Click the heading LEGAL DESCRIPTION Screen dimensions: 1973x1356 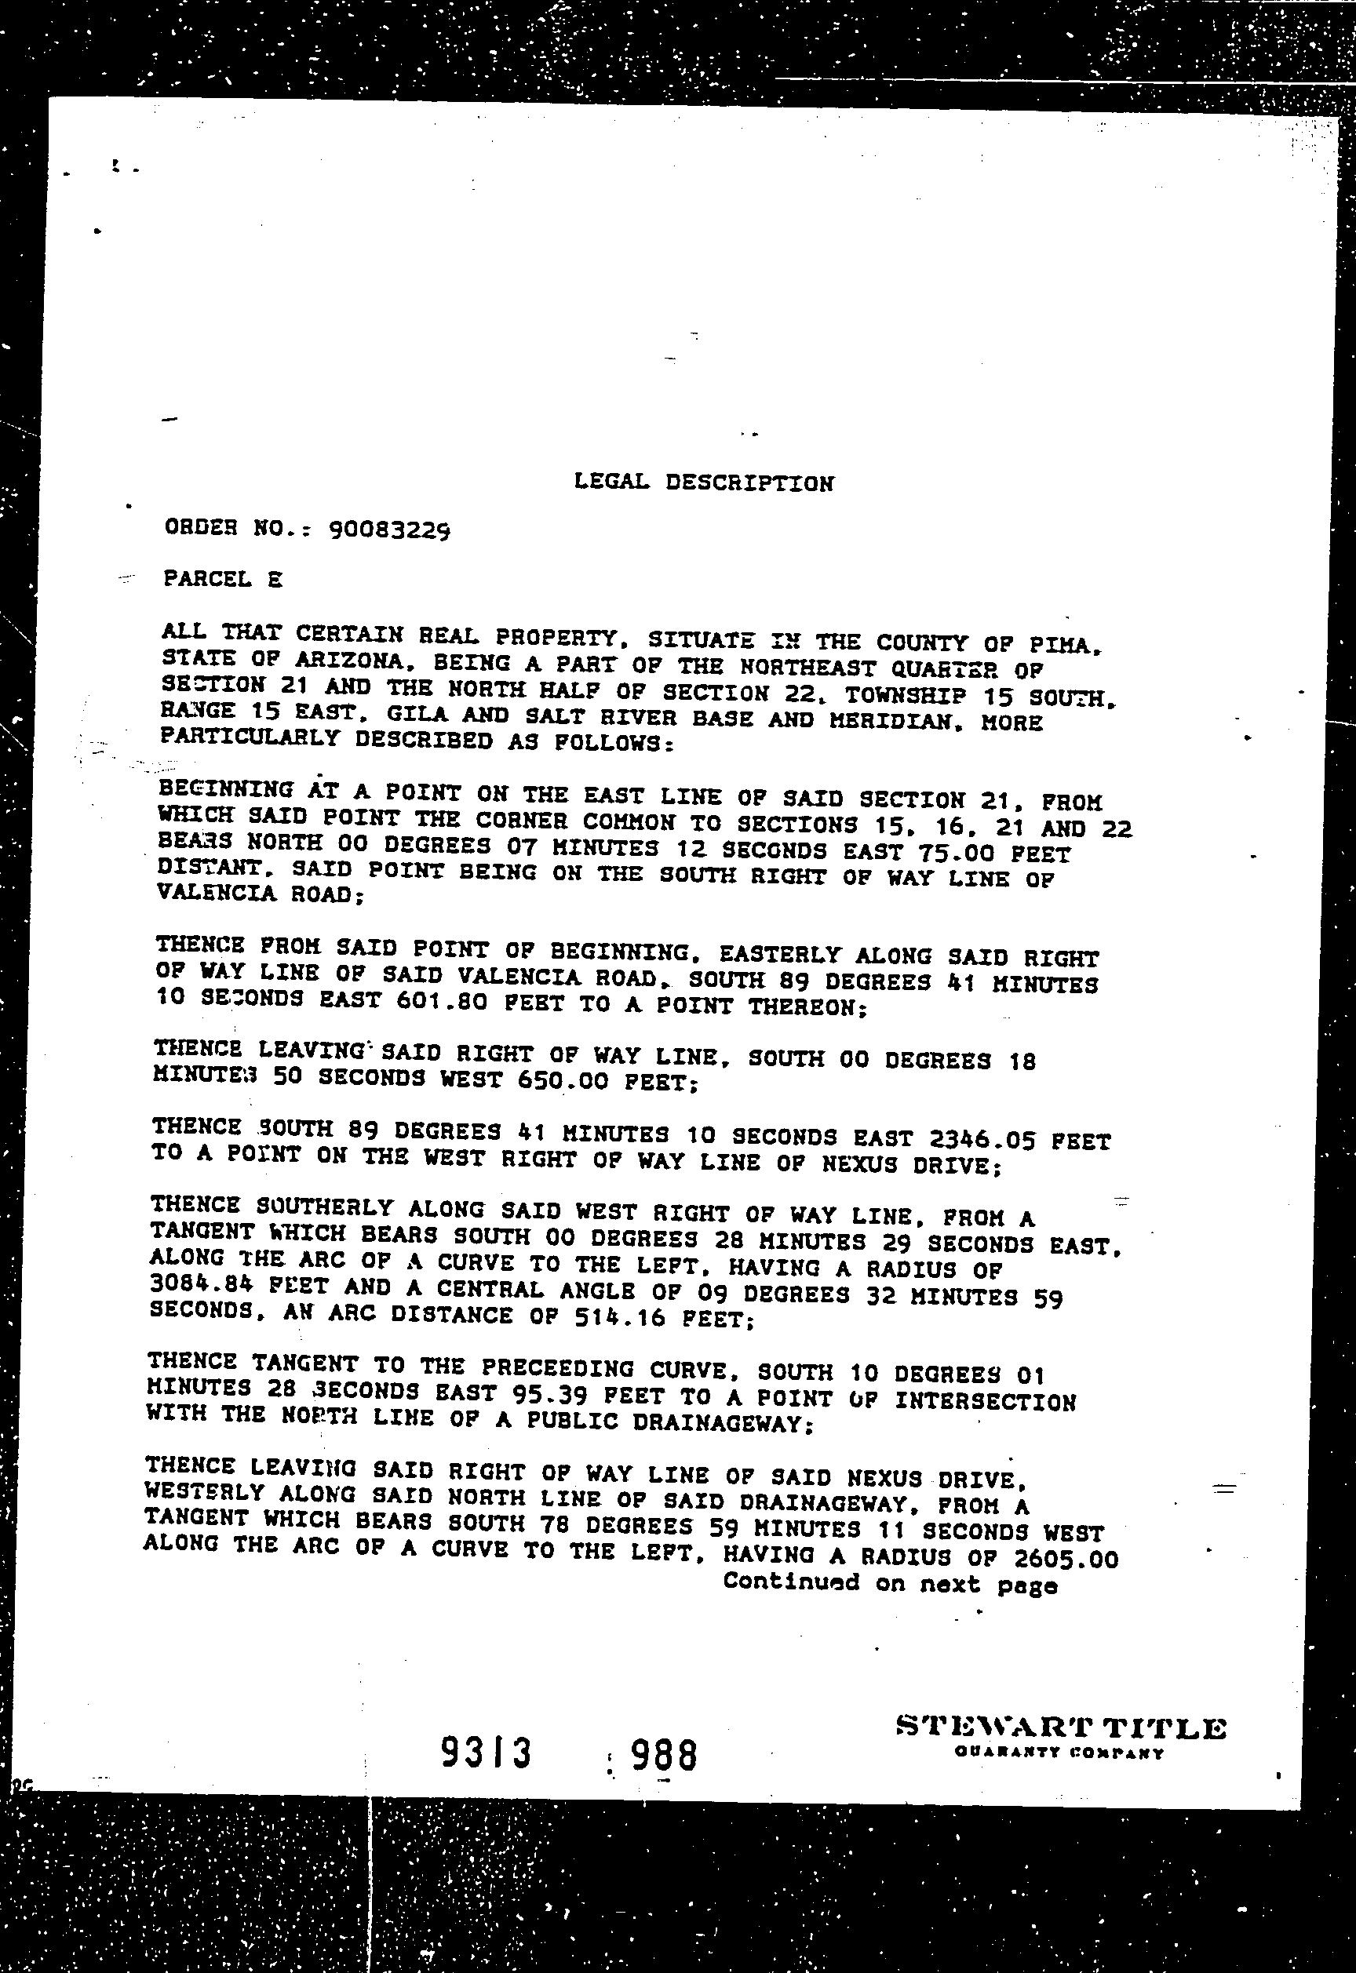(703, 482)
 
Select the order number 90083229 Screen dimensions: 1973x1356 (389, 531)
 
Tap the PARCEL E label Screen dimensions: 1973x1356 (223, 579)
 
